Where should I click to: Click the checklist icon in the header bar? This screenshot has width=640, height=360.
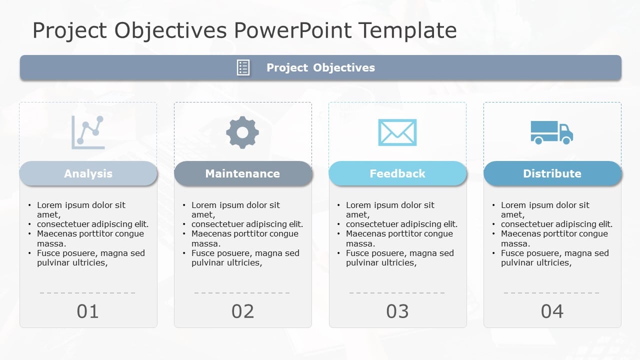[243, 67]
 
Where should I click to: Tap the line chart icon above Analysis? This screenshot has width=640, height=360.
[88, 132]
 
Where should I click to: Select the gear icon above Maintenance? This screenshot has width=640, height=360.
[242, 132]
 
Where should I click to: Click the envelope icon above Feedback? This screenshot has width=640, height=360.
[397, 132]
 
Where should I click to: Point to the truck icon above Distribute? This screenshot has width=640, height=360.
[551, 132]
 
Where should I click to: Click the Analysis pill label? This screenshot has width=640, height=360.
[88, 173]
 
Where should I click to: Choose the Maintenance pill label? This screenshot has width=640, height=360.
[242, 173]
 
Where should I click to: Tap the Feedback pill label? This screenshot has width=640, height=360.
[397, 173]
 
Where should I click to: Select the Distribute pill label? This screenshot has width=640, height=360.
[552, 173]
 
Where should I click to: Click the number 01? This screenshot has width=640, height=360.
[88, 311]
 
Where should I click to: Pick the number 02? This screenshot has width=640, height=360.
[242, 311]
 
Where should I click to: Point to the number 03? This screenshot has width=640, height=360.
[397, 311]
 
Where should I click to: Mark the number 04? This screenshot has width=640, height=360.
[552, 311]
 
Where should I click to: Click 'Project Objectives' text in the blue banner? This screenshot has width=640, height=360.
[320, 68]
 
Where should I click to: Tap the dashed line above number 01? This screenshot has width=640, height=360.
[87, 293]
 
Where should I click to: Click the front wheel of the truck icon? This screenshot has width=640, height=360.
[566, 141]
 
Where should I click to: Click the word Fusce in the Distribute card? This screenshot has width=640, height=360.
[512, 253]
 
